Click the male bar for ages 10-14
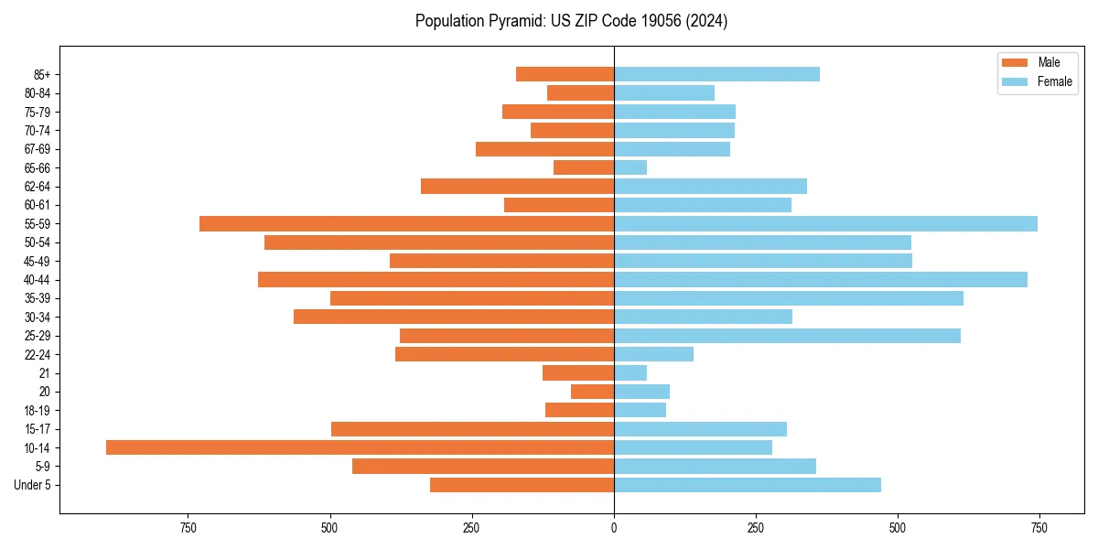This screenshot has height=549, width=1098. click(360, 447)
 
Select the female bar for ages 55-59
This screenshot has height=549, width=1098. click(825, 223)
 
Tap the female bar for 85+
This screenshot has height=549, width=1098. click(716, 74)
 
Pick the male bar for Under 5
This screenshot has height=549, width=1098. click(522, 485)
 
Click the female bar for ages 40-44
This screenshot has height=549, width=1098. click(821, 279)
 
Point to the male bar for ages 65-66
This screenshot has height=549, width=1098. click(584, 167)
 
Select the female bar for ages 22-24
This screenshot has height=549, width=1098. click(653, 354)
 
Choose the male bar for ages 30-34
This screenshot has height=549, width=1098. click(454, 317)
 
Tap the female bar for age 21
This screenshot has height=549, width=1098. click(630, 372)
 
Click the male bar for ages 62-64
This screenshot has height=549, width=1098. click(517, 186)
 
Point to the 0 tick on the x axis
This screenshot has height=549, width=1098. click(614, 528)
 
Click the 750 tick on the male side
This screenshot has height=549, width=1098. click(188, 528)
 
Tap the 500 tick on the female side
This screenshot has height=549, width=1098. click(898, 528)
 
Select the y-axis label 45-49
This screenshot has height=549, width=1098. click(38, 261)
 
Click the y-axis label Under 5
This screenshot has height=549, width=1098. click(33, 485)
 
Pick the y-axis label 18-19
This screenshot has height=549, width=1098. click(38, 410)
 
